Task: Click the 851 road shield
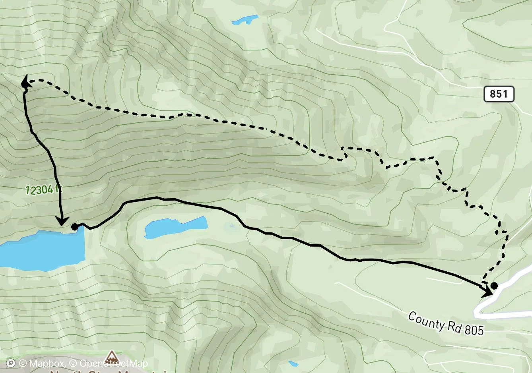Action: (499, 94)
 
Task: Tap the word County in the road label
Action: (425, 320)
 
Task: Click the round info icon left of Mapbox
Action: (11, 363)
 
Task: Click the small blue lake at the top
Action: (245, 19)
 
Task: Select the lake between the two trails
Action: (175, 228)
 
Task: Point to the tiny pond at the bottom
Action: (293, 363)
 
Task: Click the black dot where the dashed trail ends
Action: (25, 84)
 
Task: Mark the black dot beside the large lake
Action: (74, 227)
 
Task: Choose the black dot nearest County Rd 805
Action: (494, 286)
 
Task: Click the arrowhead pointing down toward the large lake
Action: (61, 220)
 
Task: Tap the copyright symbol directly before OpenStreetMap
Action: (74, 363)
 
